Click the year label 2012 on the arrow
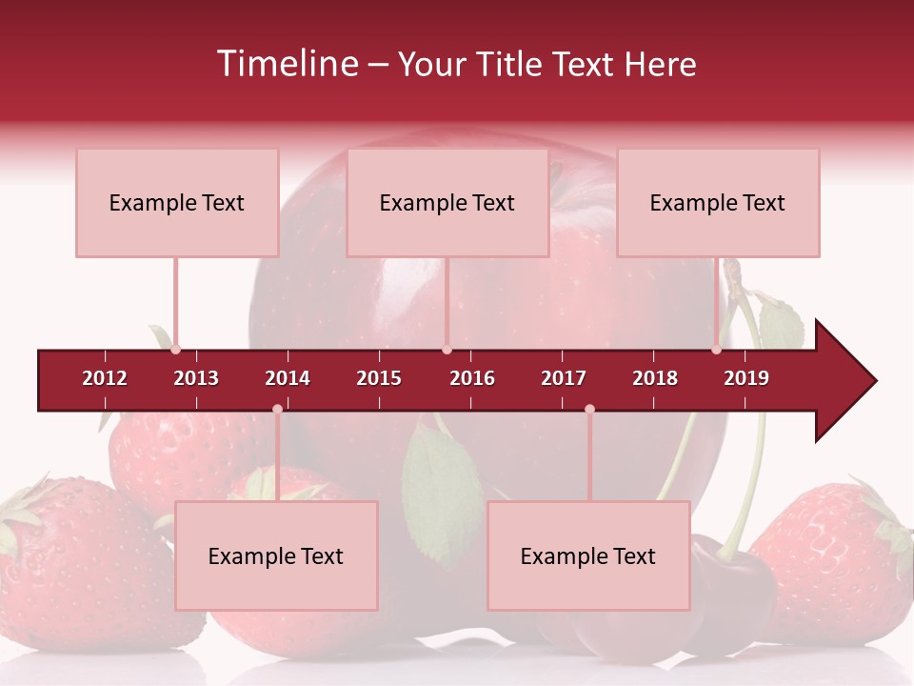(105, 378)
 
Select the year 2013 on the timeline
(196, 378)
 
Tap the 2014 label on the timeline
(288, 378)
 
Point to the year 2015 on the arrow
(379, 378)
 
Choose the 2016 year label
(472, 378)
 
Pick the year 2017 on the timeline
(564, 378)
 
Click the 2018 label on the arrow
(655, 378)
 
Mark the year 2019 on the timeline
(746, 378)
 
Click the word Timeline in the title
(288, 64)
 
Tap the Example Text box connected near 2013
(177, 202)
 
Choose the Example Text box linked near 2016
(447, 202)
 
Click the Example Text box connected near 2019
(718, 202)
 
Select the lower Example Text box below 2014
(276, 555)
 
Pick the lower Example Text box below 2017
(588, 555)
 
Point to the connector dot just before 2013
(175, 350)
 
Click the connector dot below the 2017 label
(589, 409)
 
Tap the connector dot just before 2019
(716, 350)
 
